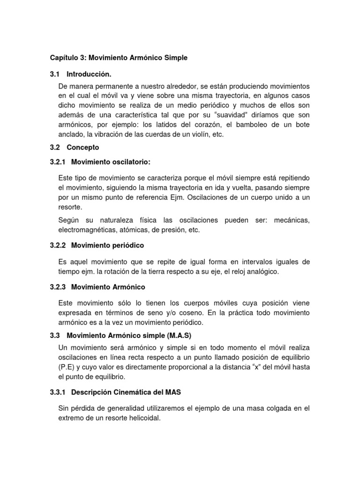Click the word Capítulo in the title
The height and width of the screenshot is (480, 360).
pyautogui.click(x=65, y=58)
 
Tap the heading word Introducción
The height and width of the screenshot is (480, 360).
pyautogui.click(x=89, y=74)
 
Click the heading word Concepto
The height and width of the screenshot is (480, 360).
pyautogui.click(x=83, y=147)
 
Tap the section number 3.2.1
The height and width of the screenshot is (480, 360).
pyautogui.click(x=59, y=162)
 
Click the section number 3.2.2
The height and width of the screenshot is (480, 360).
pyautogui.click(x=59, y=245)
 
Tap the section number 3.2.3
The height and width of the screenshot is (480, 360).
pyautogui.click(x=59, y=286)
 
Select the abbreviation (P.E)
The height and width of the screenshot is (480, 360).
pyautogui.click(x=68, y=367)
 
